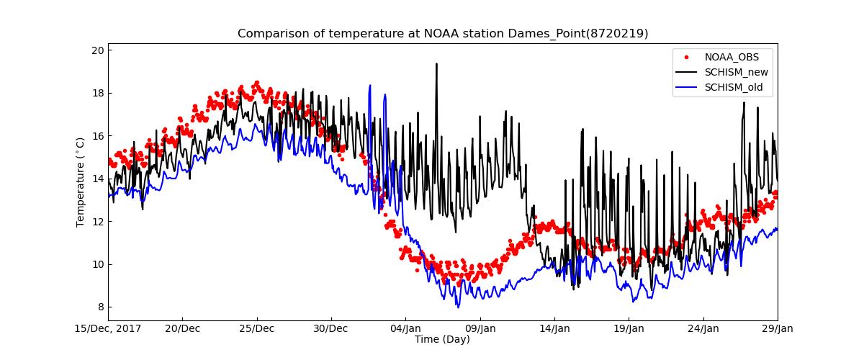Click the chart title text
443,34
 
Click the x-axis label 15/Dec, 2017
109,329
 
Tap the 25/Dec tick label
257,329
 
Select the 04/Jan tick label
405,329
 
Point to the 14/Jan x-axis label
554,329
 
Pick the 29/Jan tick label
777,329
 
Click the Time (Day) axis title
442,340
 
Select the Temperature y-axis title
81,182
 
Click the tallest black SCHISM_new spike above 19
436,64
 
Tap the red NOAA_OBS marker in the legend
687,56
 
